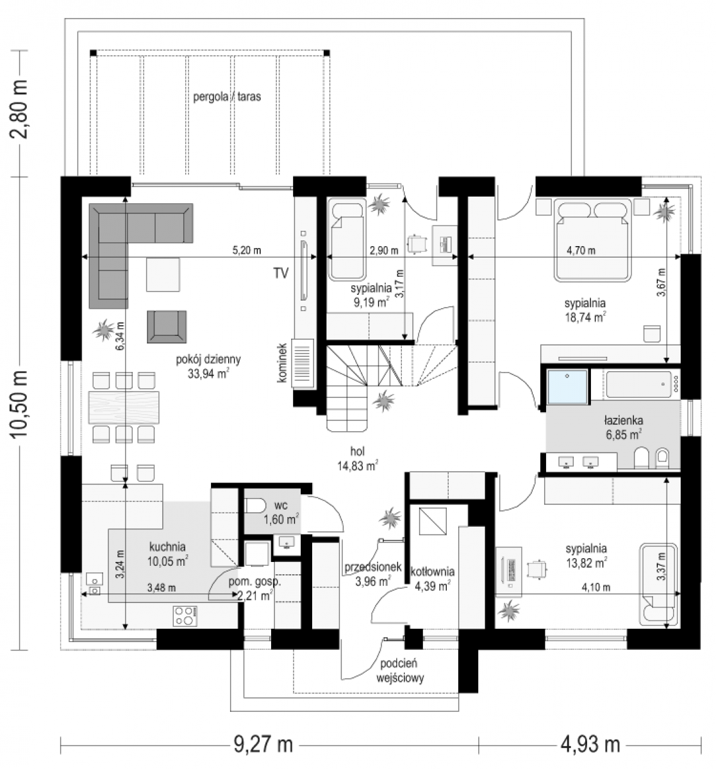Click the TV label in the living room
click(281, 273)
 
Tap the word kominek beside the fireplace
click(282, 363)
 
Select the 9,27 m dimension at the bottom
click(263, 744)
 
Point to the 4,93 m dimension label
click(590, 744)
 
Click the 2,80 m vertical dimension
click(19, 109)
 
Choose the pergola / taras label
click(227, 96)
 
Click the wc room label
click(281, 505)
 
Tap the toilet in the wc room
click(255, 506)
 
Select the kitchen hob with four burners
click(185, 616)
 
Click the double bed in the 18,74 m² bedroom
click(592, 240)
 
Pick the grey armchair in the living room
click(167, 327)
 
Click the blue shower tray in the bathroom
click(567, 387)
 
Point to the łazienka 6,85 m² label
click(624, 427)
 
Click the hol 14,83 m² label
click(357, 459)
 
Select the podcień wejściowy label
click(400, 671)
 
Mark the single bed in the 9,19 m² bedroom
click(347, 239)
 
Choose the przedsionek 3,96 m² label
click(372, 574)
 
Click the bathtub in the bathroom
click(638, 384)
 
